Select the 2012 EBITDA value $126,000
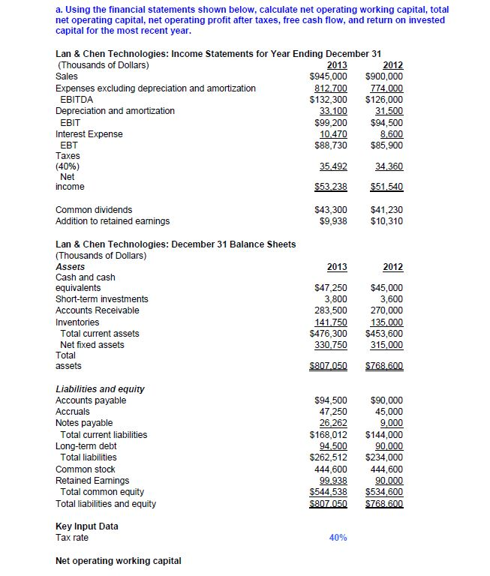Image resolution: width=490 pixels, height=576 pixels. click(383, 99)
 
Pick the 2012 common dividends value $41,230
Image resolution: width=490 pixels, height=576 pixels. click(386, 210)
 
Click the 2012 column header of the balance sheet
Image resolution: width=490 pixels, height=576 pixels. click(392, 267)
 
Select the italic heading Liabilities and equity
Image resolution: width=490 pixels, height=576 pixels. click(101, 388)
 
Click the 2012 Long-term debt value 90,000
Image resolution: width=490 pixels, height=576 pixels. click(389, 445)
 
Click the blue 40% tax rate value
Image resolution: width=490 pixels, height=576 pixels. click(338, 538)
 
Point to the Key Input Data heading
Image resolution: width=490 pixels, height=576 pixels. click(87, 526)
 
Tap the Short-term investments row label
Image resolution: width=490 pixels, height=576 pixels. click(102, 299)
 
